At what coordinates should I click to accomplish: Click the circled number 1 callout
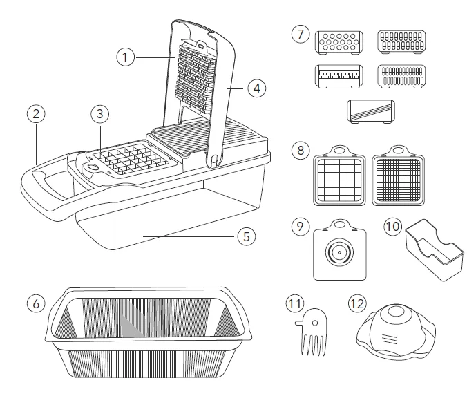point(125,57)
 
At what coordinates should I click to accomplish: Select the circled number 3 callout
point(101,113)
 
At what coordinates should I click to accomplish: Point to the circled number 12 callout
point(357,303)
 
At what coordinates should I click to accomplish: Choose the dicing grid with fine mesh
point(398,178)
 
